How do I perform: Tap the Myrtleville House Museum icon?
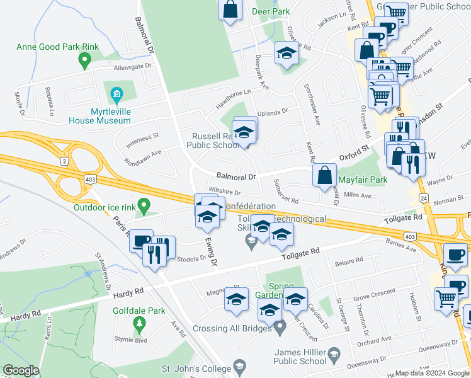[x=116, y=95]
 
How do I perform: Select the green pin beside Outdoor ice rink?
[x=144, y=205]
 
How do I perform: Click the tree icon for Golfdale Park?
[x=139, y=325]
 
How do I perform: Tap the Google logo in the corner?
[x=21, y=370]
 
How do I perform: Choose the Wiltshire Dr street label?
[x=225, y=191]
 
